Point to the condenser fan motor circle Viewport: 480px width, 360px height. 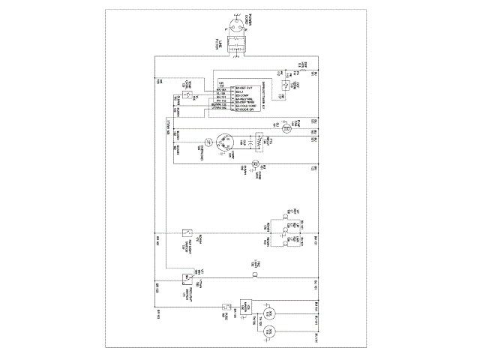tap(254, 163)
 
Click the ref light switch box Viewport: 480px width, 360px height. tap(186, 232)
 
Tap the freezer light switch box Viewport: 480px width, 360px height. tap(187, 278)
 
